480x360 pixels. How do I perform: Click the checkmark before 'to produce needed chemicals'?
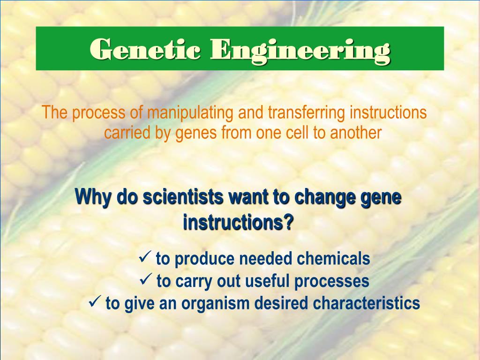pos(144,257)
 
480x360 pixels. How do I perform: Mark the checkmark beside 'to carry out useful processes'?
pos(145,280)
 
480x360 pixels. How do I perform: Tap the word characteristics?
pos(367,303)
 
